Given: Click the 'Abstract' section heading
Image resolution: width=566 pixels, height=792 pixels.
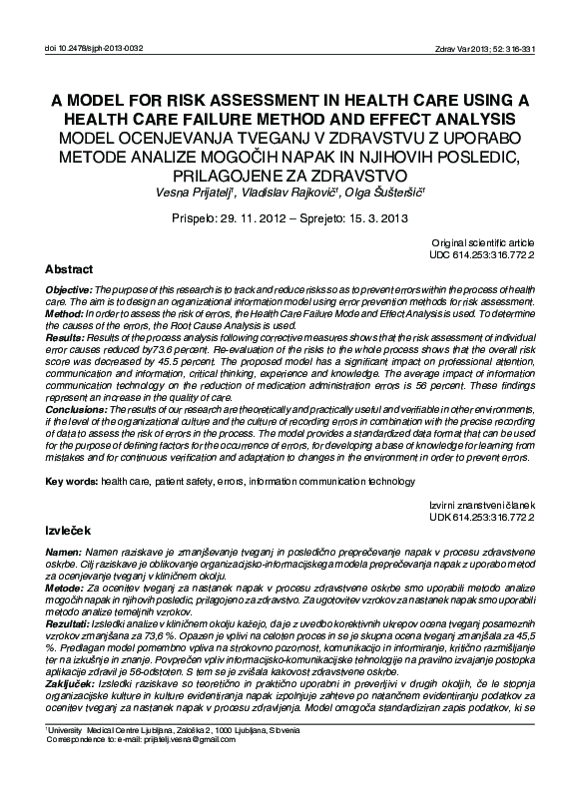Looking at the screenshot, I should [69, 269].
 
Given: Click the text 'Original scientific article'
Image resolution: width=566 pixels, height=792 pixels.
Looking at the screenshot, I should [483, 243].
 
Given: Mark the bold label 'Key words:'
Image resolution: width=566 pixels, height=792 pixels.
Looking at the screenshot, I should [71, 481].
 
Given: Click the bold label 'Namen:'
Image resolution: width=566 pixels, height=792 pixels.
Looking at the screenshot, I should [63, 552].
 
